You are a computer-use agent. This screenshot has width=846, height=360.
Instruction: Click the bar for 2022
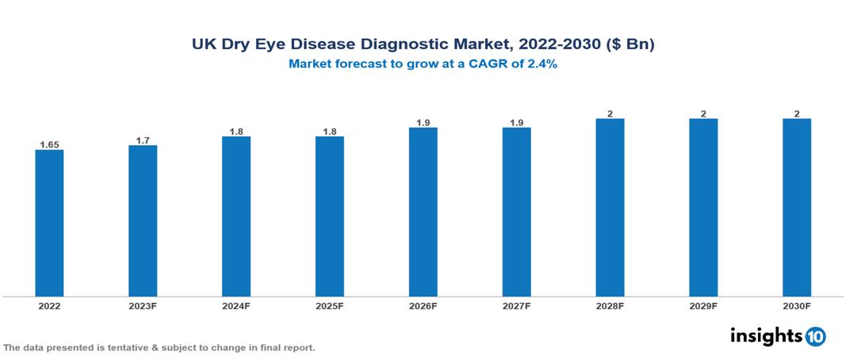tap(49, 223)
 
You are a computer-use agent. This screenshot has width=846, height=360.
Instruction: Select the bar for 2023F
tap(143, 220)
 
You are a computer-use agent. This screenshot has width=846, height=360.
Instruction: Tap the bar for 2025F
tap(330, 216)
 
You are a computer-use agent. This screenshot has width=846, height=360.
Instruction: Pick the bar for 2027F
tap(516, 212)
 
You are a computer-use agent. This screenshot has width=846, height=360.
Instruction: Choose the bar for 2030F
tap(797, 208)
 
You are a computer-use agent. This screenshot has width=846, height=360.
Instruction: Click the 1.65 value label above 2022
tap(49, 145)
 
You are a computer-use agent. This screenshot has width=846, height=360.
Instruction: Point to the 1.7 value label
tap(143, 140)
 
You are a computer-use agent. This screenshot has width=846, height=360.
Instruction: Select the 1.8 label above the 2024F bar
tap(236, 132)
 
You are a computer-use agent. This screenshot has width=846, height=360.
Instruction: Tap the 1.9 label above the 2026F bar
tap(423, 123)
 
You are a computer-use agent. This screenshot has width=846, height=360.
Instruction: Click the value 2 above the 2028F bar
tap(610, 114)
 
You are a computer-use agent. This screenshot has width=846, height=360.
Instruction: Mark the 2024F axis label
tap(236, 305)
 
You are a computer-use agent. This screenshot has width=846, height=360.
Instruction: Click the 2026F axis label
tap(423, 305)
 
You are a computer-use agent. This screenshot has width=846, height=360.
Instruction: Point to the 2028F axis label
tap(610, 305)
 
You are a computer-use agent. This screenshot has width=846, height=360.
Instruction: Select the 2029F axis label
tap(703, 305)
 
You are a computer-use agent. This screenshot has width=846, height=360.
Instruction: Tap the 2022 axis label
tap(49, 305)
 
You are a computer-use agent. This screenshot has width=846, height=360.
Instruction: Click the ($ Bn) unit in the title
tap(631, 44)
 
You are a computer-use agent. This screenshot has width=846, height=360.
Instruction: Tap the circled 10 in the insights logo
tap(816, 336)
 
